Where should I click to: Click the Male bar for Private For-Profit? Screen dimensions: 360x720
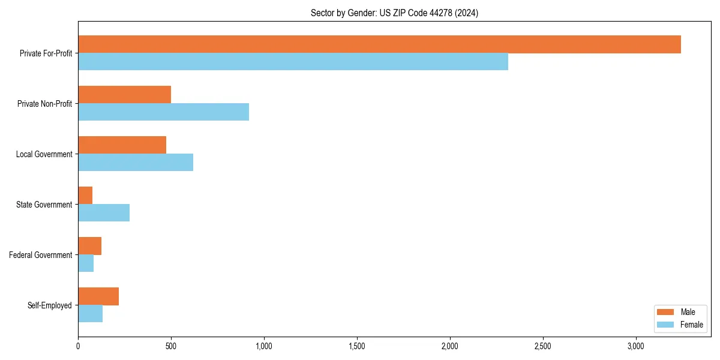(x=379, y=44)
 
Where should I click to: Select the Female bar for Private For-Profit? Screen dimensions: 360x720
(x=293, y=62)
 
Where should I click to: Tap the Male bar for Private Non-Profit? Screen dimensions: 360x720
(x=124, y=95)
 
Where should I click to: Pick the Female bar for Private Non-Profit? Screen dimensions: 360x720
(x=163, y=112)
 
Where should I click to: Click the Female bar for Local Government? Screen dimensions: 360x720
(x=136, y=163)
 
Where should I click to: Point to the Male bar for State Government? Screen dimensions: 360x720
(x=85, y=196)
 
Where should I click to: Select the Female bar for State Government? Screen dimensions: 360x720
(x=104, y=213)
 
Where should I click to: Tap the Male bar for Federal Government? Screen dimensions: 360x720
(x=89, y=246)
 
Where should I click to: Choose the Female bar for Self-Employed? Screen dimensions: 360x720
(x=90, y=314)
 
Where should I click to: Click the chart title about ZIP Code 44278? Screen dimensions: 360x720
(x=394, y=13)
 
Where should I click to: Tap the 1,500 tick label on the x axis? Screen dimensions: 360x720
(x=357, y=346)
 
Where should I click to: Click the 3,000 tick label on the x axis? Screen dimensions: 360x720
(x=635, y=346)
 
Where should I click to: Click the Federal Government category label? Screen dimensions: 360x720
(x=40, y=255)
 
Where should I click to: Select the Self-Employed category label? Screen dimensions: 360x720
(x=49, y=305)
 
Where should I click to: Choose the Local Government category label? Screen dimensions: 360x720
(x=44, y=154)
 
